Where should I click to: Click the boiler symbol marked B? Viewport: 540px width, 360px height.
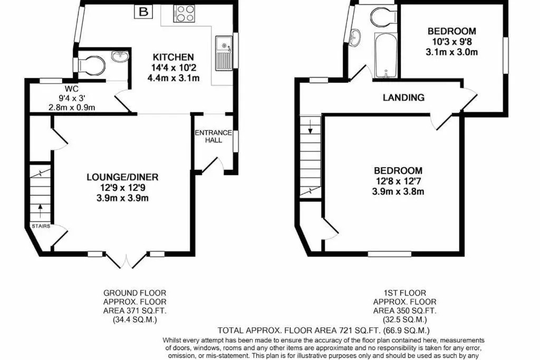(143, 12)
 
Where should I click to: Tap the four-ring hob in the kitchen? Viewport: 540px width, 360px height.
(184, 14)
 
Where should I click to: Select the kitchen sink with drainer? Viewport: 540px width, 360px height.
(224, 53)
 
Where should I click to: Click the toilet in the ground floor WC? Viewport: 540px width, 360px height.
(92, 65)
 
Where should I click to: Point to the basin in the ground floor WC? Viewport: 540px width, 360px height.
(120, 55)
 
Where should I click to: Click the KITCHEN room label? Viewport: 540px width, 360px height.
(173, 57)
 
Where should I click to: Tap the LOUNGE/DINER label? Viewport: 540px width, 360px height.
(122, 177)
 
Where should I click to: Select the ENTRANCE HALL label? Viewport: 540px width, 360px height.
(214, 137)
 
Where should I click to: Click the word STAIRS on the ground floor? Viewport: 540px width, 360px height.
(41, 226)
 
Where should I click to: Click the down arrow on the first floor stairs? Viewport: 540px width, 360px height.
(310, 127)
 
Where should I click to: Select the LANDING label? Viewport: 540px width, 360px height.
(403, 98)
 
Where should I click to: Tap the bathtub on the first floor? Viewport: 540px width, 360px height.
(385, 55)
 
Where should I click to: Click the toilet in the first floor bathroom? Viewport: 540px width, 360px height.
(384, 16)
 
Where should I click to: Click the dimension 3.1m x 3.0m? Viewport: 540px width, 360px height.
(451, 52)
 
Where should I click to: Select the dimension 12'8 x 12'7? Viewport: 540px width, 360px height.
(398, 181)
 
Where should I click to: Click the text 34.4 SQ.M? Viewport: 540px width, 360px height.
(135, 320)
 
